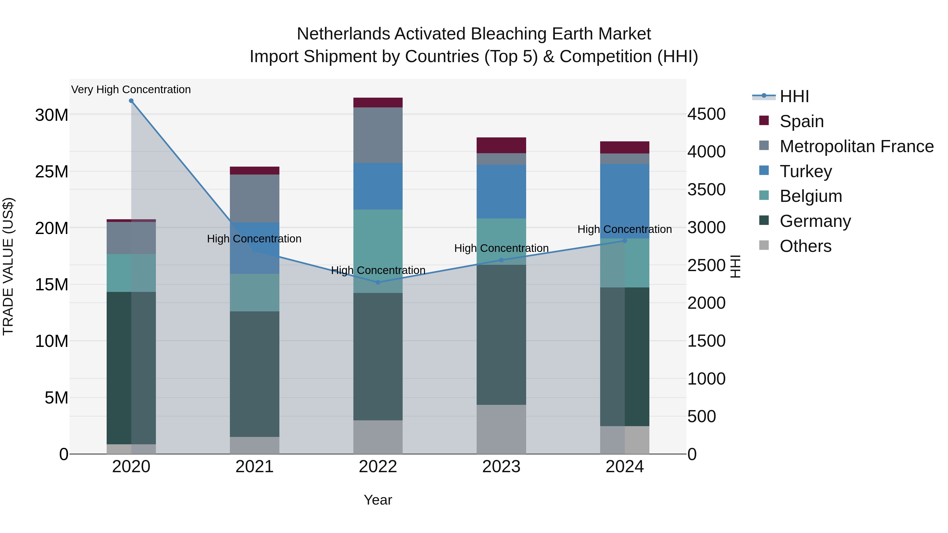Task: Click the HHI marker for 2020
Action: [x=131, y=101]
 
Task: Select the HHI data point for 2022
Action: [x=378, y=282]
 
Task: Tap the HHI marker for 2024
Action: [x=625, y=241]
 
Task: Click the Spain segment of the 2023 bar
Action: [x=501, y=145]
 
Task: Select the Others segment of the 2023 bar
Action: [x=501, y=429]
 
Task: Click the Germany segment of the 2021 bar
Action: [x=254, y=374]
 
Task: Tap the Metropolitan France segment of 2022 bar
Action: [x=378, y=135]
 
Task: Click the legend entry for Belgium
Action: [x=811, y=196]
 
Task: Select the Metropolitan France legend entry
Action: [x=856, y=146]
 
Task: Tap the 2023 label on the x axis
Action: [x=501, y=467]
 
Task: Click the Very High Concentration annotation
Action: [x=131, y=89]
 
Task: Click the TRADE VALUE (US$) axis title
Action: [x=8, y=266]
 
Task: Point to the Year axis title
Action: [x=378, y=500]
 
